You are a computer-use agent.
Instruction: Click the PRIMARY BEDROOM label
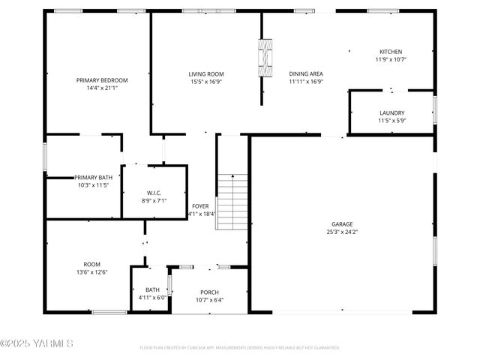[102, 80]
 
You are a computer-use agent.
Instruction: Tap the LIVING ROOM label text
[205, 73]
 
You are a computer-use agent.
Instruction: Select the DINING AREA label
[306, 73]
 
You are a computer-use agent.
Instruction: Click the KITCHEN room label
[391, 52]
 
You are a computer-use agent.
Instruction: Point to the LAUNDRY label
[391, 112]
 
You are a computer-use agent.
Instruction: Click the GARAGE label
[342, 224]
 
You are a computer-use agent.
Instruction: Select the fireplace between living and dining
[263, 56]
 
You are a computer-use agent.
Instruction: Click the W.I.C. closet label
[154, 192]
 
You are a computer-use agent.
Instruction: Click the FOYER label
[200, 205]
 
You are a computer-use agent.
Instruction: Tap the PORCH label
[209, 292]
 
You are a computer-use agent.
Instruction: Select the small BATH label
[152, 289]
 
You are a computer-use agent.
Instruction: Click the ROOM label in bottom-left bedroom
[91, 264]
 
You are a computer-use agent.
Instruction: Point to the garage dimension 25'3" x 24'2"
[342, 232]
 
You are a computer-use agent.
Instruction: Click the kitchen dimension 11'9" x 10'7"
[391, 59]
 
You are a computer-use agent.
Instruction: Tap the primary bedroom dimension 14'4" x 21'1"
[102, 88]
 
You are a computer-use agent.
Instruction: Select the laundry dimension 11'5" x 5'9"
[391, 120]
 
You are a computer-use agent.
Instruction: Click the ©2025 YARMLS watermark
[37, 344]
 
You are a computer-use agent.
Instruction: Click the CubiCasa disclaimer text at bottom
[240, 348]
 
